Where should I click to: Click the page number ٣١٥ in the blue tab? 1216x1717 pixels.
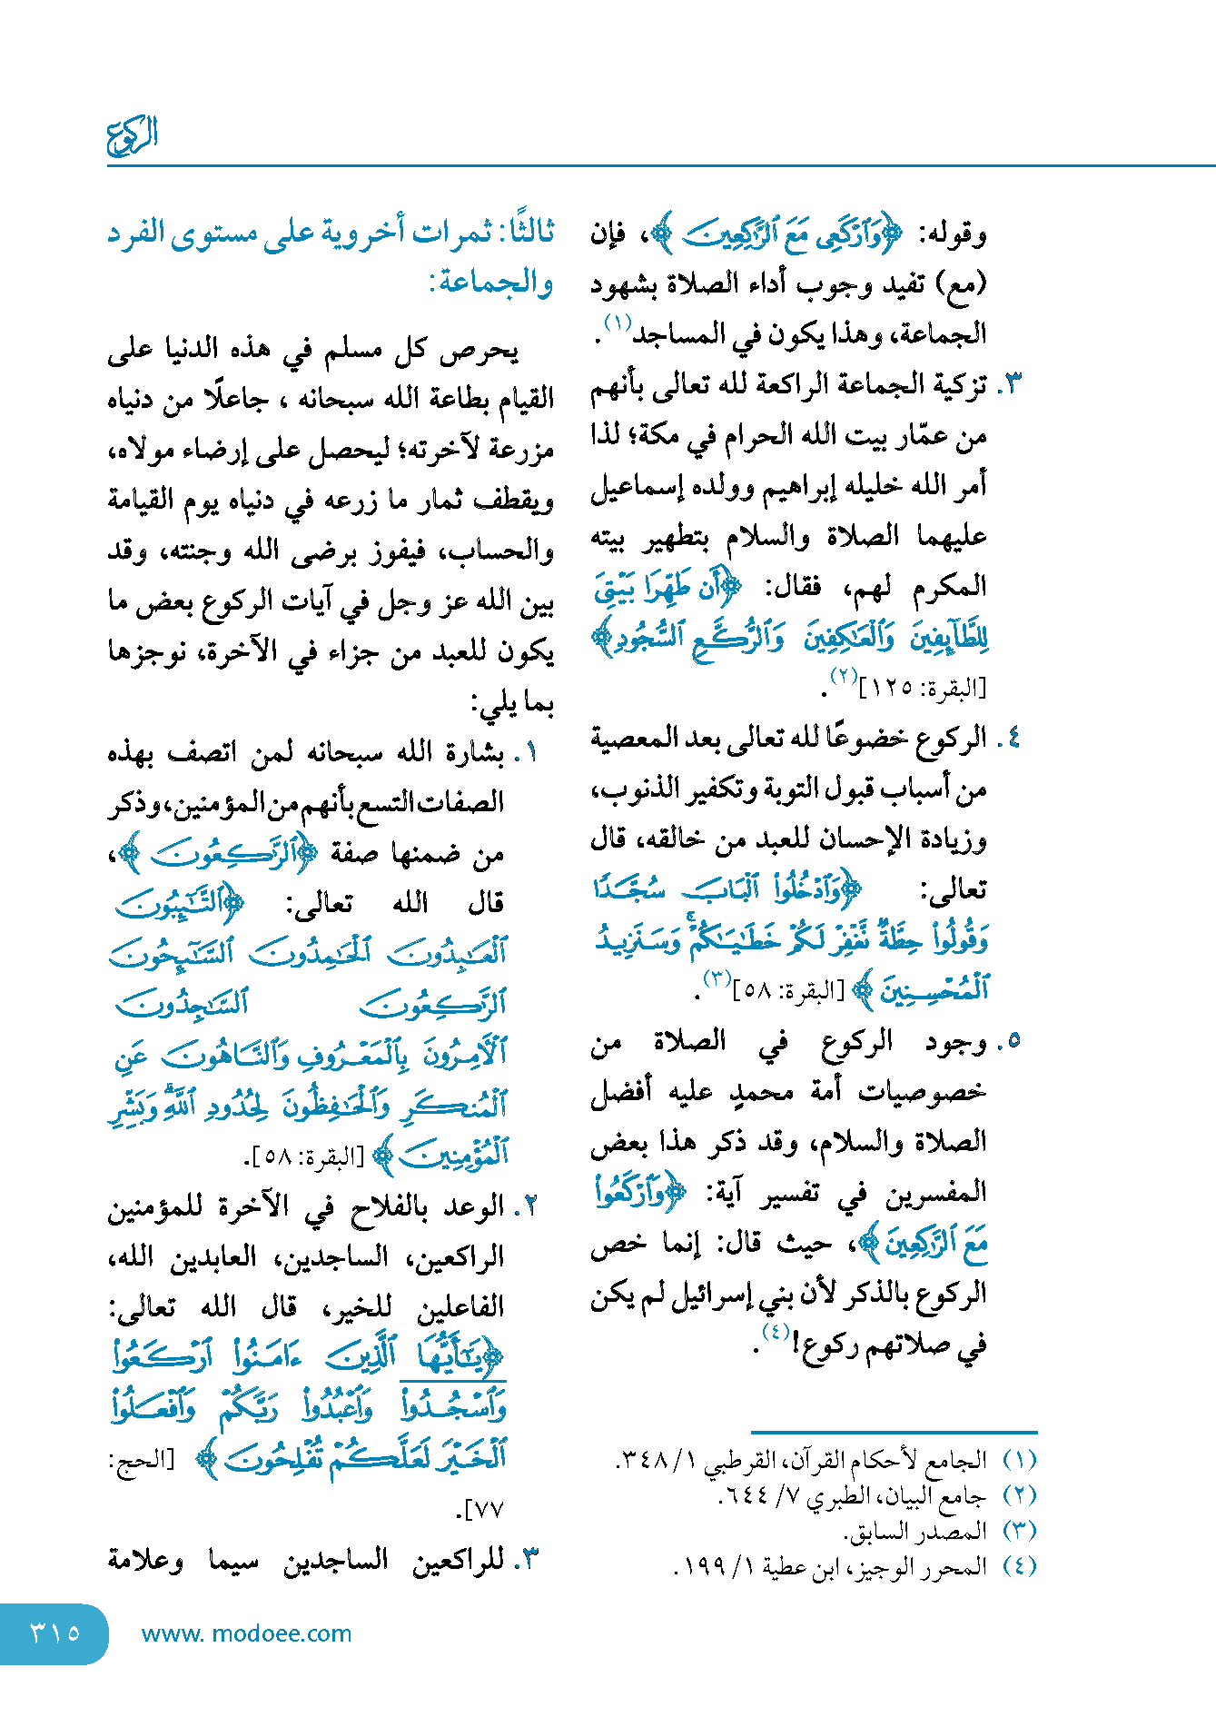click(x=55, y=1633)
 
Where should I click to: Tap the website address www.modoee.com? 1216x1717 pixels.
click(x=246, y=1633)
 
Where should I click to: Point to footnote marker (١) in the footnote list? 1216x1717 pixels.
click(x=1019, y=1460)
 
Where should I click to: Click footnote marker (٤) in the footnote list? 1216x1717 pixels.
click(x=1019, y=1566)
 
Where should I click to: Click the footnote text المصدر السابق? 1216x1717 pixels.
click(x=915, y=1531)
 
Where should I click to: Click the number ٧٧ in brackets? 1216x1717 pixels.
click(x=487, y=1509)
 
